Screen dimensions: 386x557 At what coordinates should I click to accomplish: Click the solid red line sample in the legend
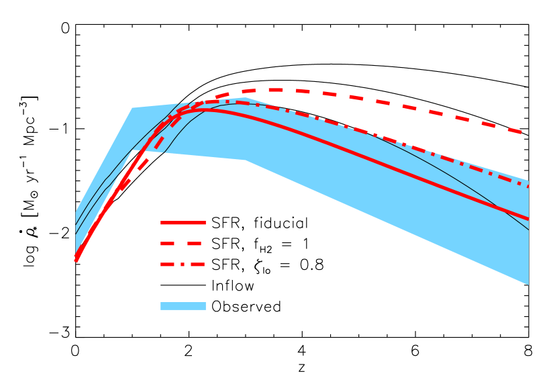pos(183,222)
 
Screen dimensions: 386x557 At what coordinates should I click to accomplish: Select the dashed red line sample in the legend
pos(183,244)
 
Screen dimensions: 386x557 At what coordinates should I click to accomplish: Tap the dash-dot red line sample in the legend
pos(183,264)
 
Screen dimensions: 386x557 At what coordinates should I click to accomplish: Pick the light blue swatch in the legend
pos(183,306)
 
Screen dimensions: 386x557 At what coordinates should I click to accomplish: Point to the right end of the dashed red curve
pos(521,132)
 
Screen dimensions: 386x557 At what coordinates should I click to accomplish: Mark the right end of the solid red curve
pos(528,219)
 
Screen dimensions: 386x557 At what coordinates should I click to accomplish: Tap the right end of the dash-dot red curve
pos(528,186)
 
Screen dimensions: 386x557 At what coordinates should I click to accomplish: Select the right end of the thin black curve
pos(528,230)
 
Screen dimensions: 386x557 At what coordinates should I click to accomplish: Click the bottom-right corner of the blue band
pos(528,285)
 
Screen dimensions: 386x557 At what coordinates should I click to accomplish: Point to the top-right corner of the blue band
pos(528,180)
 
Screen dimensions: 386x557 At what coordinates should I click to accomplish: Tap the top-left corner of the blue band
pos(76,212)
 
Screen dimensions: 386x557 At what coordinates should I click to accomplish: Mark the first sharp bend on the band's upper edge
pos(132,107)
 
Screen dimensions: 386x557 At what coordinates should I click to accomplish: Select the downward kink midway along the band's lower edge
pos(245,160)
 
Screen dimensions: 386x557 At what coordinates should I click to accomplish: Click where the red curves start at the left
pos(76,260)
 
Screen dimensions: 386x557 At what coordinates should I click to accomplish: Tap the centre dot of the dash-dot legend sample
pos(183,264)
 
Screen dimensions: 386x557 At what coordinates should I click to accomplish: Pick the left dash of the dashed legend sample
pos(167,244)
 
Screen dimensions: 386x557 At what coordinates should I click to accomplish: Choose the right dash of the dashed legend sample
pos(194,244)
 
